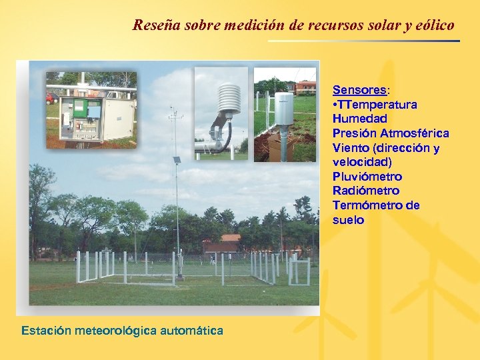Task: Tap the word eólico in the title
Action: click(x=434, y=26)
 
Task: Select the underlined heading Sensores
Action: click(x=359, y=90)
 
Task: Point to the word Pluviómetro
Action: click(x=367, y=177)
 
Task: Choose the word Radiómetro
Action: click(x=366, y=191)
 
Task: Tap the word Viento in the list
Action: click(x=350, y=148)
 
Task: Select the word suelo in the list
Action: click(x=348, y=220)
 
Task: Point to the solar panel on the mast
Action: click(x=177, y=161)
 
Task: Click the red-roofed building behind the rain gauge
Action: click(x=305, y=86)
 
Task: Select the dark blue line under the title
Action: click(x=364, y=41)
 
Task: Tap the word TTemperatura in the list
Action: click(x=377, y=105)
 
